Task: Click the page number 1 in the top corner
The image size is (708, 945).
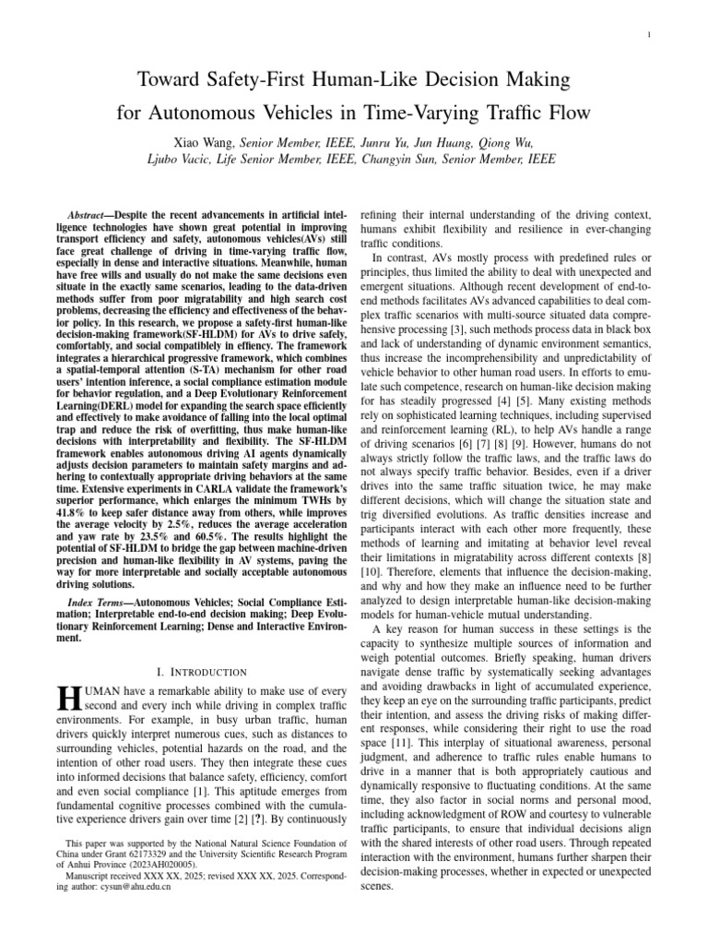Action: point(650,35)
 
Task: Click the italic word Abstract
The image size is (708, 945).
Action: point(100,213)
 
